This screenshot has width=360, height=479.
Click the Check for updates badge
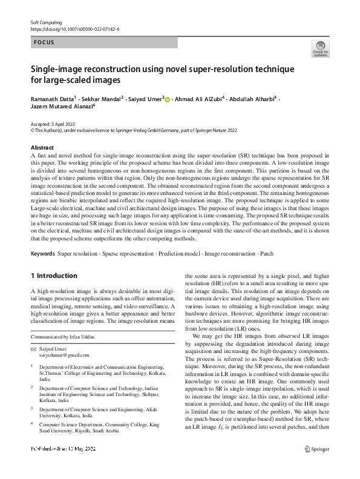tap(320, 50)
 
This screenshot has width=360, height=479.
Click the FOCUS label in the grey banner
tap(45, 43)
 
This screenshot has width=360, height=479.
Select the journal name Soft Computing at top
tap(46, 21)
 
